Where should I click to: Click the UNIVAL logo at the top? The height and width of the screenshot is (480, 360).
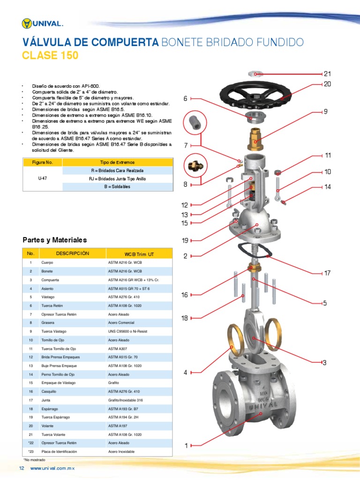[x=42, y=23]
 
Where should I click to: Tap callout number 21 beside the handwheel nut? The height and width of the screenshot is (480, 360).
[x=327, y=74]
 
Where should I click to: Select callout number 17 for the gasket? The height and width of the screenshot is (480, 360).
[x=327, y=273]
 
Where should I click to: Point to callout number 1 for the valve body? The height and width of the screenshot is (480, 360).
[x=186, y=446]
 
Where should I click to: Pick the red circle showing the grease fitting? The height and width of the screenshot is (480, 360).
[x=195, y=166]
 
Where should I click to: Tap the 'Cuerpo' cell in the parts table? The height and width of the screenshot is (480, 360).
[x=47, y=262]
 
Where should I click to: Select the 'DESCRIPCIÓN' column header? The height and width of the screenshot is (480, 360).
[x=73, y=254]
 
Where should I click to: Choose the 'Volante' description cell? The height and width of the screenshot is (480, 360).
[x=47, y=426]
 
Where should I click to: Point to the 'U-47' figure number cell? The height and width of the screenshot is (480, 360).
[x=43, y=178]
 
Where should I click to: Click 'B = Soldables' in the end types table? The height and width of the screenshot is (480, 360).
[x=117, y=187]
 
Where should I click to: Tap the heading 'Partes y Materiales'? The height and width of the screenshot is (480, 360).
[x=55, y=240]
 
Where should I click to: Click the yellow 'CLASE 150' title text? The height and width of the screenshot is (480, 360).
[x=50, y=55]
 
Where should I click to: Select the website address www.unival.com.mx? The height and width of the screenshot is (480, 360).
[x=52, y=468]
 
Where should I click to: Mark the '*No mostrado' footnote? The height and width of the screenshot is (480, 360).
[x=34, y=460]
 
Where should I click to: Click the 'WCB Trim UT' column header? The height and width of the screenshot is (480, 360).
[x=139, y=254]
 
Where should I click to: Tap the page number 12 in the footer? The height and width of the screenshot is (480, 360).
[x=22, y=468]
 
